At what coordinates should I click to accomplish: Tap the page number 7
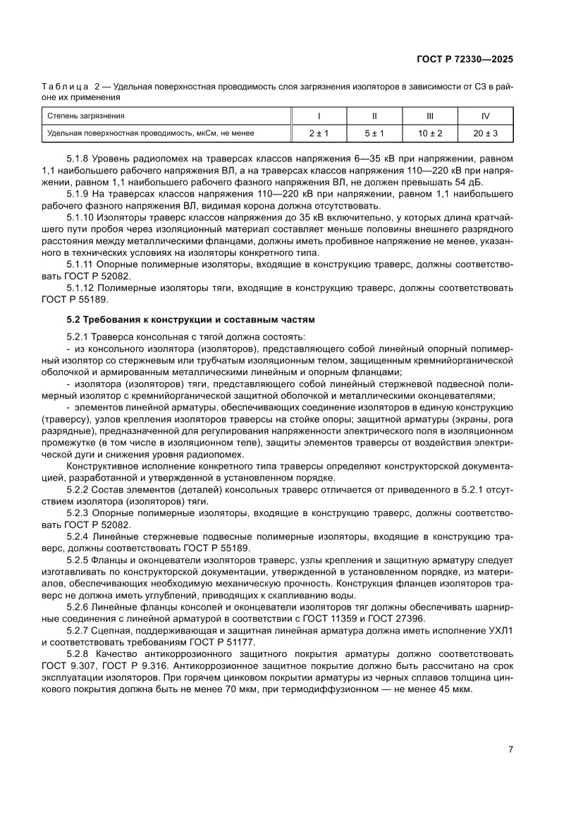click(x=510, y=749)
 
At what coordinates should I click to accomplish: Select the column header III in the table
click(x=430, y=116)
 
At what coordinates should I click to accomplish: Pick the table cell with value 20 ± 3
click(x=486, y=133)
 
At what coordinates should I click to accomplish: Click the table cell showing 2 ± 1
click(x=319, y=133)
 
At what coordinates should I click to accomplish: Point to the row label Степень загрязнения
click(x=86, y=116)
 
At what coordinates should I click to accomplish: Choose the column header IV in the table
click(x=486, y=116)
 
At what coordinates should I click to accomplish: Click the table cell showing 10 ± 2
click(x=430, y=133)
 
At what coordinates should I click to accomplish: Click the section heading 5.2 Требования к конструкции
click(x=185, y=319)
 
